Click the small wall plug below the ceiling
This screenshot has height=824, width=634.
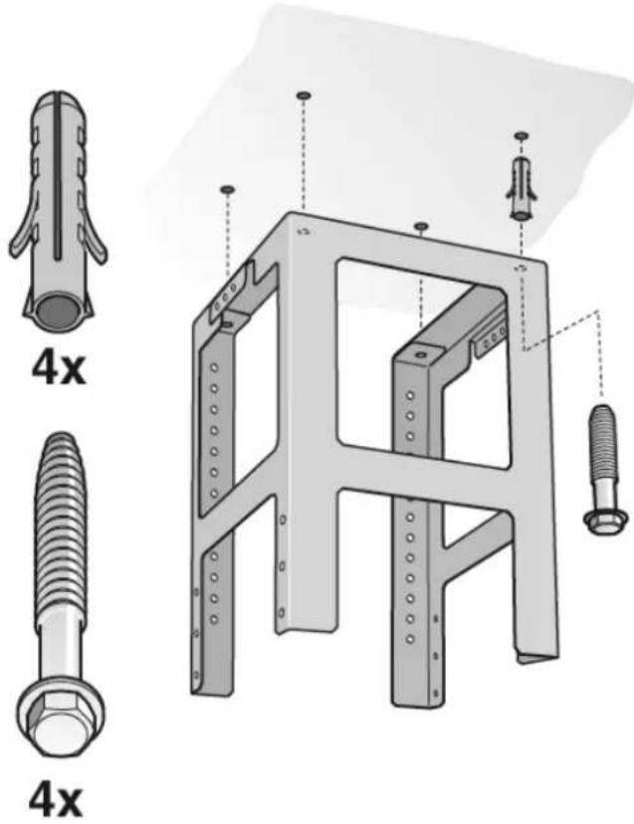pyautogui.click(x=521, y=188)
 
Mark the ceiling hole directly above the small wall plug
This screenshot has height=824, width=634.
pyautogui.click(x=519, y=135)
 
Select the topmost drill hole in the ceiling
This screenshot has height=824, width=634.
pyautogui.click(x=304, y=95)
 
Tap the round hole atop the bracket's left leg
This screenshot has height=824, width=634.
pyautogui.click(x=229, y=324)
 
